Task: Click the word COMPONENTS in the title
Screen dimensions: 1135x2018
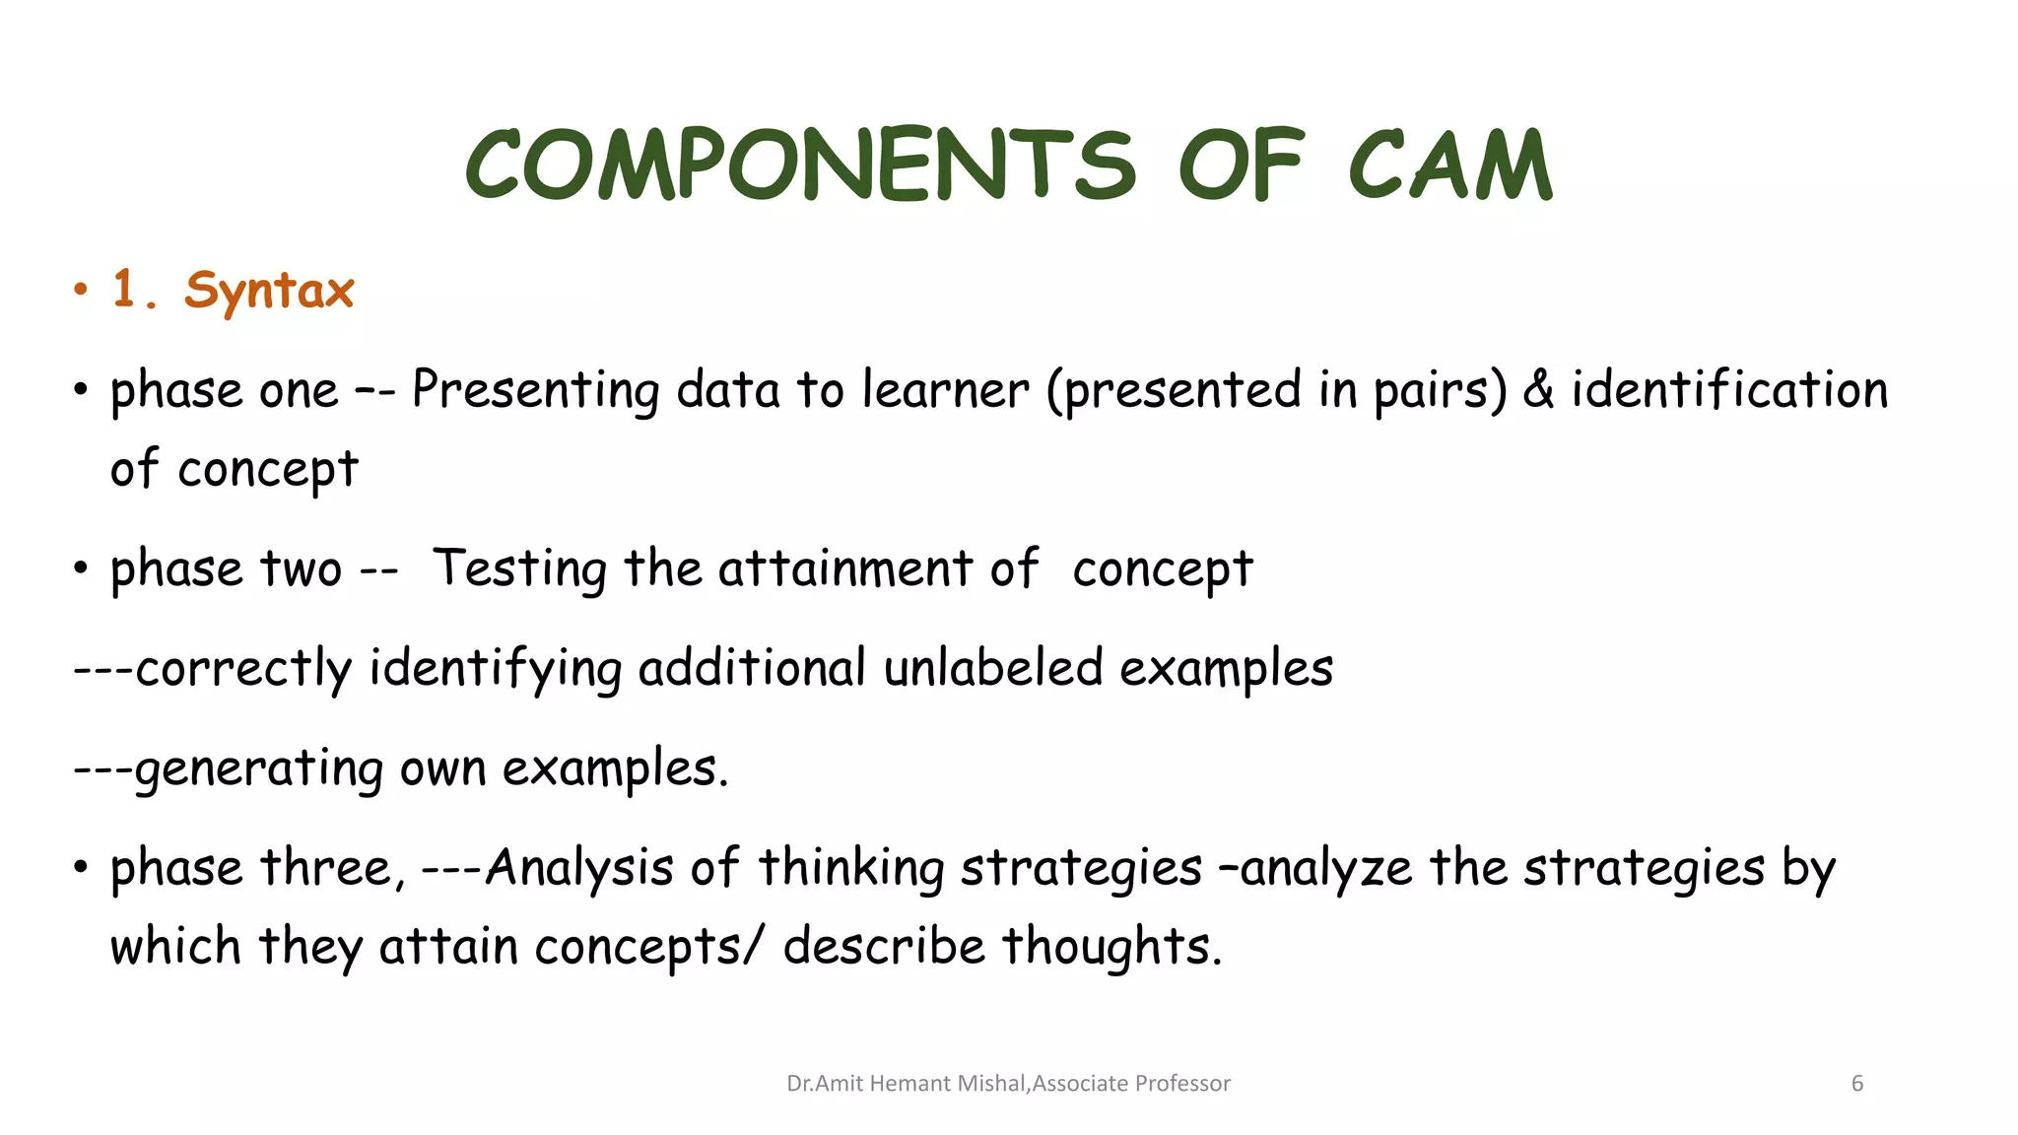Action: click(x=800, y=165)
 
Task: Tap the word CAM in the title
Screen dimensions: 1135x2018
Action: click(x=1449, y=165)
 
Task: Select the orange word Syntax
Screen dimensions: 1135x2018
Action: click(x=269, y=291)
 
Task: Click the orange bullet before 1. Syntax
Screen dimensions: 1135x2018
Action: click(x=81, y=291)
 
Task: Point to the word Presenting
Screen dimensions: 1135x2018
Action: click(x=535, y=390)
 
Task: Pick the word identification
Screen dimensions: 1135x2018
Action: click(x=1729, y=389)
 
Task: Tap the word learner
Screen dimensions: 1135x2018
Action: click(x=945, y=389)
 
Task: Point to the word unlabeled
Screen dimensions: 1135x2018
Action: click(x=992, y=668)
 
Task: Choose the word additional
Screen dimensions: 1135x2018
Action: click(x=752, y=668)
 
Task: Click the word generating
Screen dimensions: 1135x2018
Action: click(x=259, y=769)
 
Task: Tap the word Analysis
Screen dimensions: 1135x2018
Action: click(x=579, y=868)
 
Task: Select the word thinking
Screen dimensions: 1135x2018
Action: click(x=851, y=868)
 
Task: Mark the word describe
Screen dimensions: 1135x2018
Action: click(x=884, y=947)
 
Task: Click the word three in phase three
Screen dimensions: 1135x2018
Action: click(x=331, y=868)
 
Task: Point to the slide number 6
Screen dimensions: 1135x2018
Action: click(x=1857, y=1084)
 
